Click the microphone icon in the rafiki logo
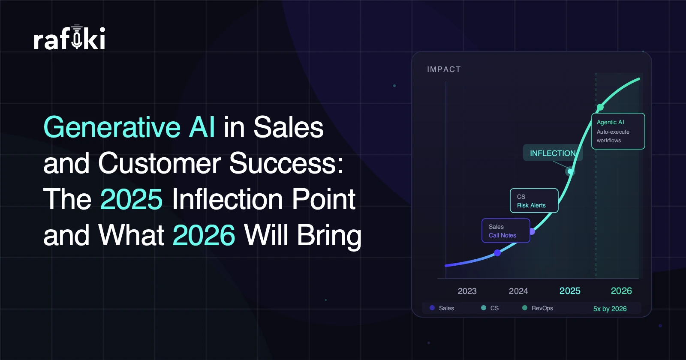tap(77, 36)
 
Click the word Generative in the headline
tap(112, 127)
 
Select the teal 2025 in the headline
tap(131, 199)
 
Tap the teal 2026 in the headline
tap(204, 235)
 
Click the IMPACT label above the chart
tap(444, 69)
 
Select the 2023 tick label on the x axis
tap(467, 291)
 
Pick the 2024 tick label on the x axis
tap(518, 291)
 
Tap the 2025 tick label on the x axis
tap(570, 291)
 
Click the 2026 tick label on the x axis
tap(621, 291)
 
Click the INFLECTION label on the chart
tap(553, 153)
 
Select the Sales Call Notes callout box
tap(506, 231)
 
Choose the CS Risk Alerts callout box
tap(534, 201)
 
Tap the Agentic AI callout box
tap(618, 131)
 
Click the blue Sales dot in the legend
tap(432, 308)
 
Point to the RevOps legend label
tap(542, 308)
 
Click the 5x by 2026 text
tap(610, 309)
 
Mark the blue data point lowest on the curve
tap(497, 253)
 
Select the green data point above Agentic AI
tap(600, 107)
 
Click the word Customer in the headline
tap(159, 163)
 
